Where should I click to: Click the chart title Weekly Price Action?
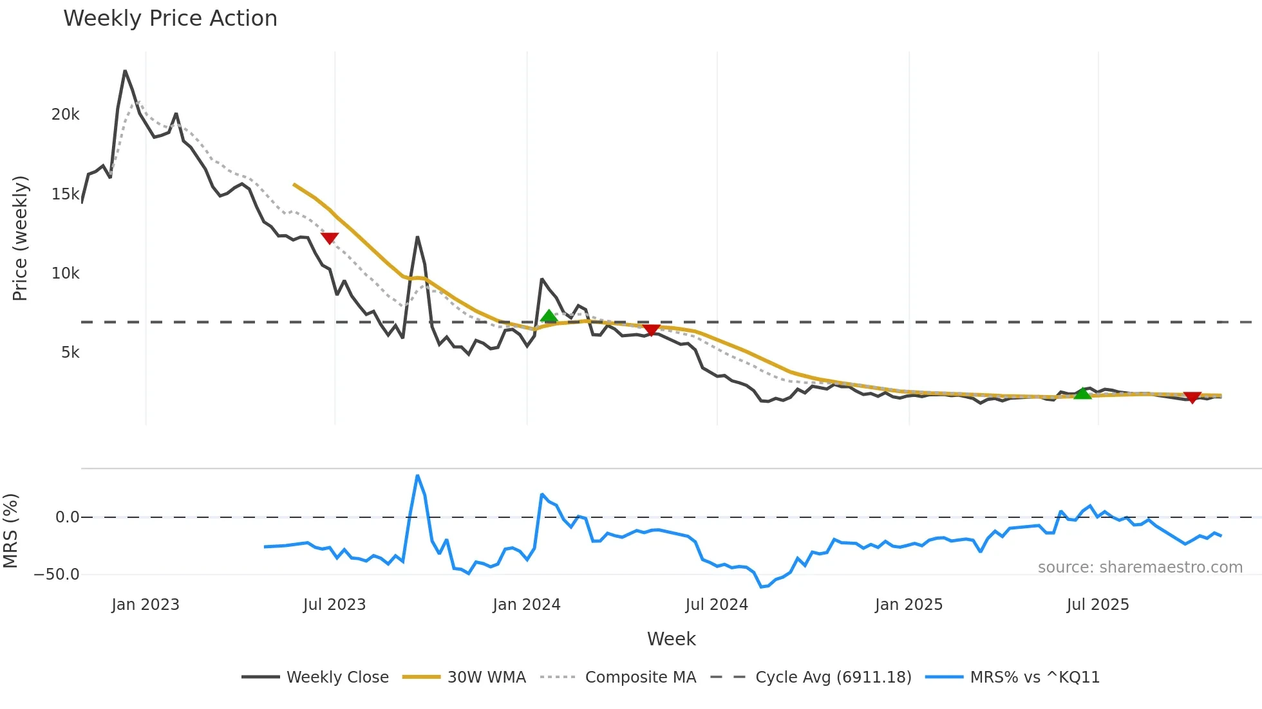[x=170, y=18]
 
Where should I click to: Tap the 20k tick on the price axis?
[x=65, y=115]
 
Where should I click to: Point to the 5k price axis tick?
[x=70, y=353]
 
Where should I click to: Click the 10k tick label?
[x=65, y=273]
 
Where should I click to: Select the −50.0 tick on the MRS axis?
[x=57, y=575]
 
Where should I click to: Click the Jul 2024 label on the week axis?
[x=716, y=605]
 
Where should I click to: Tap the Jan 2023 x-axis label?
[x=145, y=605]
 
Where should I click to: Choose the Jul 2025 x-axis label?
[x=1097, y=605]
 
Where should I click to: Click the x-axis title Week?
[x=671, y=639]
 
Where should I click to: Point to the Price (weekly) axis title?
[x=20, y=238]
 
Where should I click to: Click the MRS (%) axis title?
[x=10, y=531]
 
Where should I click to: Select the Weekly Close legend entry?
[x=315, y=677]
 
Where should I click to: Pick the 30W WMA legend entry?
[x=464, y=677]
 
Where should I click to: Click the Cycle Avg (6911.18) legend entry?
[x=811, y=677]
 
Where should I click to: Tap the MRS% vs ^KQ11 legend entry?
[x=1012, y=677]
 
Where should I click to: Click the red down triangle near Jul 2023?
[x=330, y=238]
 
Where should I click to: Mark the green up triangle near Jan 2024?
[x=549, y=316]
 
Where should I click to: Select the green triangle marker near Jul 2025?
[x=1083, y=393]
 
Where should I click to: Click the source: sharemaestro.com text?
[x=1140, y=567]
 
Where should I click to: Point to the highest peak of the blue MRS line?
[x=417, y=476]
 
